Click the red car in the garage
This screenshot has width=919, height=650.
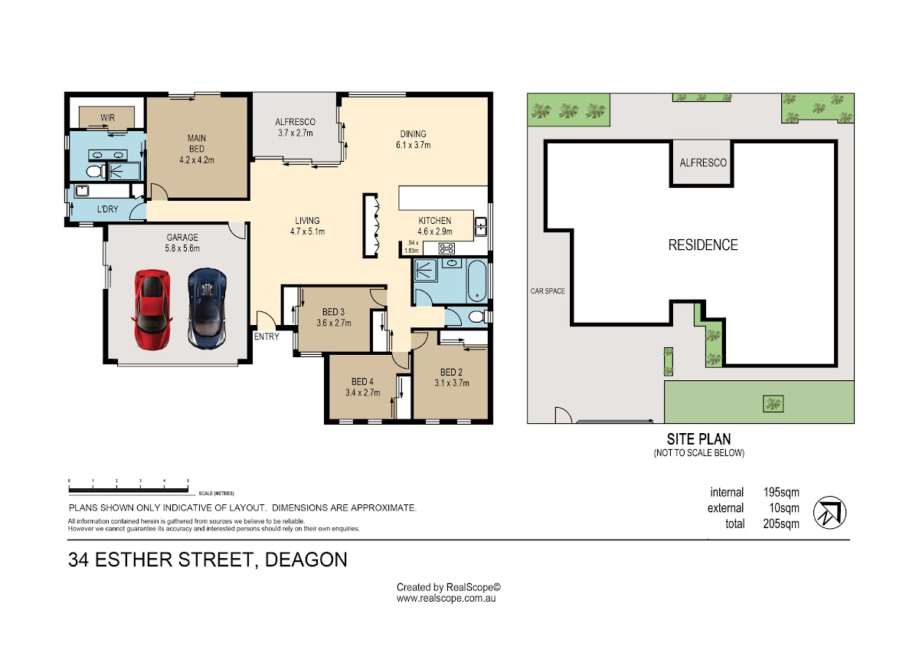click(x=152, y=310)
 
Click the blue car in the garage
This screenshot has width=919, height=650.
click(x=208, y=308)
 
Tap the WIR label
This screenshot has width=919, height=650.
click(x=107, y=118)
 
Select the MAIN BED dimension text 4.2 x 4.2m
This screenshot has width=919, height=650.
click(x=197, y=160)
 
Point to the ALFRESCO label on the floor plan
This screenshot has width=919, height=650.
click(x=295, y=122)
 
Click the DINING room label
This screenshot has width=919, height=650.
click(x=413, y=134)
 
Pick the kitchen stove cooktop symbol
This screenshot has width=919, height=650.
click(x=446, y=248)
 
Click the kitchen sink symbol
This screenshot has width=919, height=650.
click(x=480, y=227)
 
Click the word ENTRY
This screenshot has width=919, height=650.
click(x=267, y=336)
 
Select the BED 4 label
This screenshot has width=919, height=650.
click(x=362, y=382)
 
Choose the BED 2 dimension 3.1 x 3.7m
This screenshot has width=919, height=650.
click(x=452, y=383)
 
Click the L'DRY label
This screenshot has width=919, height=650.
click(x=107, y=209)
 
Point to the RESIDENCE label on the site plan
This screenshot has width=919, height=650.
click(x=703, y=245)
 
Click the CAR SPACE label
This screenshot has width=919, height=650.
click(x=548, y=291)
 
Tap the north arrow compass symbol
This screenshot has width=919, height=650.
click(x=829, y=513)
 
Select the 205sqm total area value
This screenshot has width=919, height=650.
click(x=781, y=524)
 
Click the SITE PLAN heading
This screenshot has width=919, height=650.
click(x=698, y=439)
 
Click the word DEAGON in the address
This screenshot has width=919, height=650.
click(x=306, y=560)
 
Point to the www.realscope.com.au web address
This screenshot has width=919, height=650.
click(x=446, y=599)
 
